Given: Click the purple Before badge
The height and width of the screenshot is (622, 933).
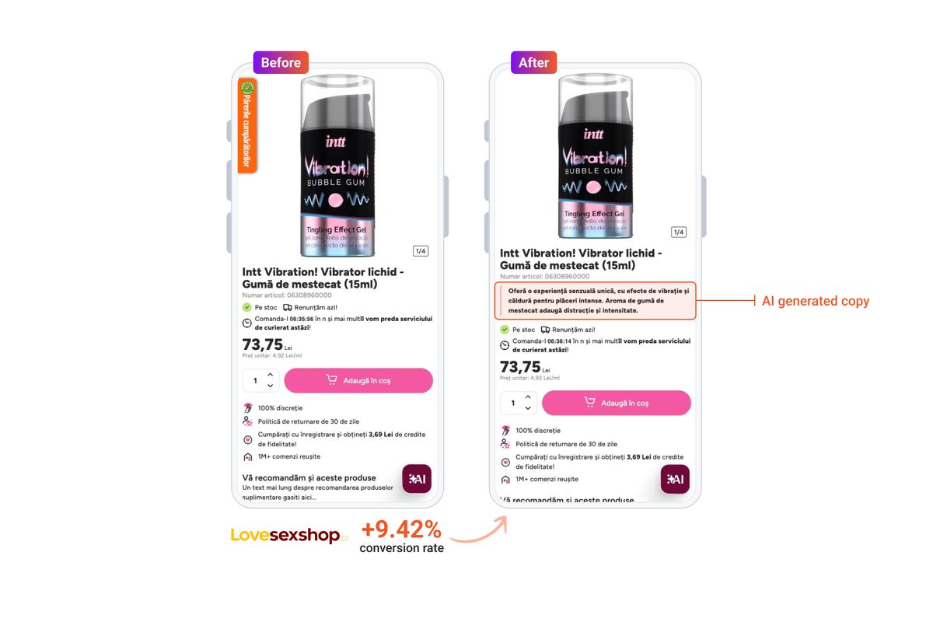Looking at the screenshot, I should click(281, 63).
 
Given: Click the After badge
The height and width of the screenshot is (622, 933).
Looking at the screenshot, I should click(533, 63).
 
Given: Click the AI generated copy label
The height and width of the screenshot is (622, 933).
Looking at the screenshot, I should click(815, 301).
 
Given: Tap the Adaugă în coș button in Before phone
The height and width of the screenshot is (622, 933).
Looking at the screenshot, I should click(358, 380).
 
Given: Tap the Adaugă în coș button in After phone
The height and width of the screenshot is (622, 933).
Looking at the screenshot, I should click(616, 403).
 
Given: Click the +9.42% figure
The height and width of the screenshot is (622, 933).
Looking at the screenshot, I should click(401, 529).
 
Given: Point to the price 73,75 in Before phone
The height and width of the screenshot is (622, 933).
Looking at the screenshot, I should click(262, 344).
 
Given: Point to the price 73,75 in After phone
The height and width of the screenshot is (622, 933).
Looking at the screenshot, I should click(520, 366).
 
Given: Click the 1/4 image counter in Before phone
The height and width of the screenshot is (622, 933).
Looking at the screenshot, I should click(421, 251).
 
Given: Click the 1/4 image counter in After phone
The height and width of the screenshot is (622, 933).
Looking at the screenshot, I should click(678, 232).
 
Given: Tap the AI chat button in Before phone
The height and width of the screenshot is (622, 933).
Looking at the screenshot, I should click(417, 479).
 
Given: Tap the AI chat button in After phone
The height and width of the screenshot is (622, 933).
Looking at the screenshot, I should click(675, 479).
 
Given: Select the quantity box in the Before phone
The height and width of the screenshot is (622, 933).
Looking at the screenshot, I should click(260, 380).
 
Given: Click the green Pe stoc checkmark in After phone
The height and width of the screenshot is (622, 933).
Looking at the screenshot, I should click(505, 330).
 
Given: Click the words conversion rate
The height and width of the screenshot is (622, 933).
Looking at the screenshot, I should click(401, 549).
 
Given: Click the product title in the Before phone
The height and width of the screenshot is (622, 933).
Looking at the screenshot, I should click(323, 278).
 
